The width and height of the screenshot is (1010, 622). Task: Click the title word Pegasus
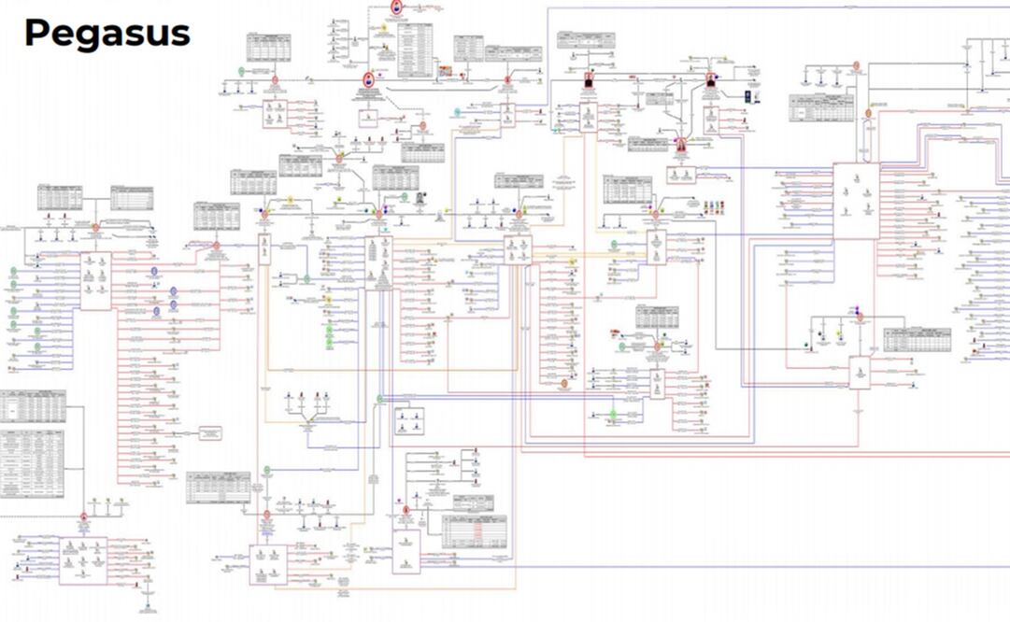107,34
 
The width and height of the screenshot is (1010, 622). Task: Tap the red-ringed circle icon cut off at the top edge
398,7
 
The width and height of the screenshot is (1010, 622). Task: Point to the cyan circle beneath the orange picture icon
457,112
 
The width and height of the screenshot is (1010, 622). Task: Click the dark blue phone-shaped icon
747,97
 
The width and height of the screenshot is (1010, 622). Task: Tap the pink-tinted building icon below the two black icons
679,145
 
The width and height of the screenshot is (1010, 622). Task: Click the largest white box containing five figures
856,200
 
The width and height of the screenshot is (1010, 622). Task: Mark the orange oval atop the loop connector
867,112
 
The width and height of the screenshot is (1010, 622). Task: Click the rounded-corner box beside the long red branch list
209,432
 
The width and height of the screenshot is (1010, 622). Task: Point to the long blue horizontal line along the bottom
747,566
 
